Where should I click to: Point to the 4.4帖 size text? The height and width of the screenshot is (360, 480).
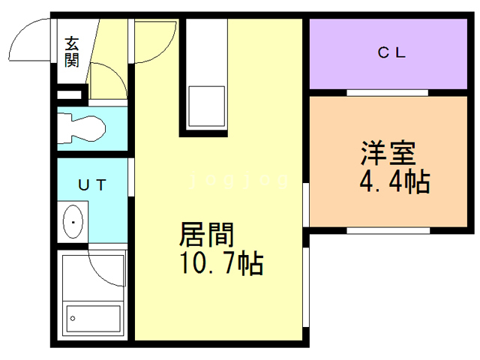pos(395,181)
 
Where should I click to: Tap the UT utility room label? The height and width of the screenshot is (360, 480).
pos(92,184)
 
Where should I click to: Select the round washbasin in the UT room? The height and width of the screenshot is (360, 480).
pos(73,222)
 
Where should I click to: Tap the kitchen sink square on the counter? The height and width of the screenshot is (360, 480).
pos(205,106)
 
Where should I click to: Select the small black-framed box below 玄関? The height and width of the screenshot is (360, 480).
pos(70,95)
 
